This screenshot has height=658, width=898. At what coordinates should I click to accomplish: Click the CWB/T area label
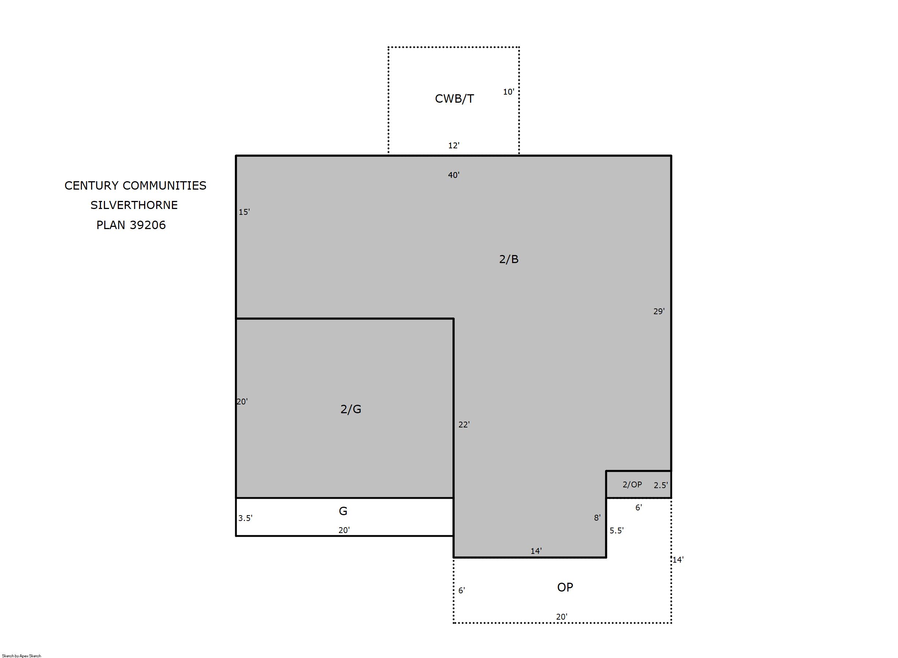pyautogui.click(x=454, y=99)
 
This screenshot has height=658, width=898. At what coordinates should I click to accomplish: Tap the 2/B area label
pyautogui.click(x=509, y=259)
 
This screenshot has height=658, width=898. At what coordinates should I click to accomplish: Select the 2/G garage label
pyautogui.click(x=351, y=409)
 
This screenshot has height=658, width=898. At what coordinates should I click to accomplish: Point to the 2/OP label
pyautogui.click(x=632, y=484)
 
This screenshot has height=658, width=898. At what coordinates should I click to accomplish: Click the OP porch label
pyautogui.click(x=565, y=587)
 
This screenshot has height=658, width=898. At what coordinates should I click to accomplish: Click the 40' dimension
pyautogui.click(x=454, y=175)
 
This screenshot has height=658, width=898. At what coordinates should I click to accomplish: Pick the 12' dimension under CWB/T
pyautogui.click(x=454, y=145)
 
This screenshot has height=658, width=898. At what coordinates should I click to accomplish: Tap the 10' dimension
pyautogui.click(x=508, y=92)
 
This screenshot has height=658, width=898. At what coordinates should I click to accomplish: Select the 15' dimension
pyautogui.click(x=244, y=212)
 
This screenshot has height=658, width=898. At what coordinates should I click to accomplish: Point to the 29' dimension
pyautogui.click(x=659, y=312)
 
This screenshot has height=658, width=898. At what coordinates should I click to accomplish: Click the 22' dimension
pyautogui.click(x=464, y=425)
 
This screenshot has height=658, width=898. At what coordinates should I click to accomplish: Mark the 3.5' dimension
pyautogui.click(x=245, y=518)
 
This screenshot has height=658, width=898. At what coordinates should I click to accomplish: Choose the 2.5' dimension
pyautogui.click(x=661, y=485)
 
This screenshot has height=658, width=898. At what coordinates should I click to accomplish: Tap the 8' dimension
pyautogui.click(x=597, y=518)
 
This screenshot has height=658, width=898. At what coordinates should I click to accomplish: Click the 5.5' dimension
pyautogui.click(x=616, y=530)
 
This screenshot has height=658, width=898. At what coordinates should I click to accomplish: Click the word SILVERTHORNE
pyautogui.click(x=134, y=205)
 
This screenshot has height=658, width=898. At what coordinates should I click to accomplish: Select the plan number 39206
pyautogui.click(x=147, y=225)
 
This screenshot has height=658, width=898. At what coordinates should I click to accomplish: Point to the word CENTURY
pyautogui.click(x=92, y=186)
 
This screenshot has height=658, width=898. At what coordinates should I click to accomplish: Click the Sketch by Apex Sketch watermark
pyautogui.click(x=22, y=655)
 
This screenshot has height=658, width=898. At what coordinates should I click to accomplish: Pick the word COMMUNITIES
pyautogui.click(x=165, y=186)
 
